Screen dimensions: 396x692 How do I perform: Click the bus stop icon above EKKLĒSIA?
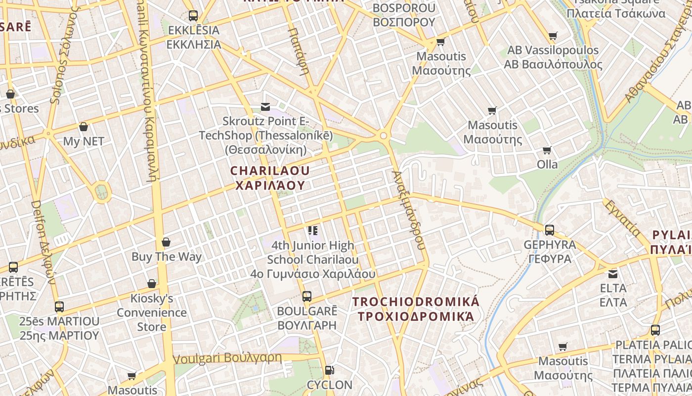193,16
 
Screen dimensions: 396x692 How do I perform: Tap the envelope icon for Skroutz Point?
265,107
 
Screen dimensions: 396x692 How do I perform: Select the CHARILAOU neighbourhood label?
269,178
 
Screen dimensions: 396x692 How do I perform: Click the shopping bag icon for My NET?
84,127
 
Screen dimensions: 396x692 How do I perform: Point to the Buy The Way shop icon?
166,242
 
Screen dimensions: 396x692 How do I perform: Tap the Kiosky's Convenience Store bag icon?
152,284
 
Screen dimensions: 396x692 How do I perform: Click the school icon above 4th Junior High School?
312,231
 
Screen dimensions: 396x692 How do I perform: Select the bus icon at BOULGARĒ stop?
307,297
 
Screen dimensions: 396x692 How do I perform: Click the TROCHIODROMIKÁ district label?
416,308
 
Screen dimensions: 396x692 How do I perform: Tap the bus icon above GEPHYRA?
549,230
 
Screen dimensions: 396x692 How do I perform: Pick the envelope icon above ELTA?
613,274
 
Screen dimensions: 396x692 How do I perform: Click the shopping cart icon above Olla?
547,150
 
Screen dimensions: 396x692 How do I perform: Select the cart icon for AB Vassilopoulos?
553,36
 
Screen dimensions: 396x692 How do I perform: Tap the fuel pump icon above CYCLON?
329,370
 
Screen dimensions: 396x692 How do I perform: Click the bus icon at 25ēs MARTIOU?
59,307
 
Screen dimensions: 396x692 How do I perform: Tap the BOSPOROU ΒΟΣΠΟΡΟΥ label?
404,15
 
